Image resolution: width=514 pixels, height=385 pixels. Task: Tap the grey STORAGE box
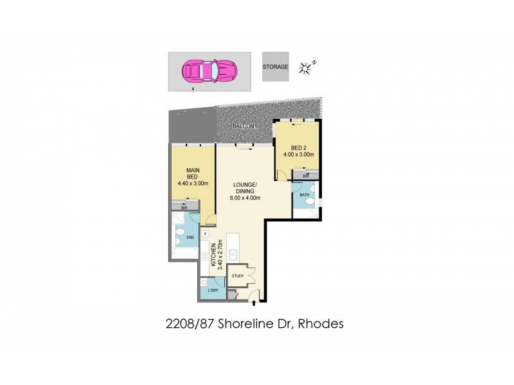(x=275, y=67)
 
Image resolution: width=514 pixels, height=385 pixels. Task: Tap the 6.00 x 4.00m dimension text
(x=247, y=197)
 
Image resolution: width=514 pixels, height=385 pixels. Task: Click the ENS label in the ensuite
(x=190, y=238)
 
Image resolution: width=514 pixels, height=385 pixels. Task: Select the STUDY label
(x=237, y=277)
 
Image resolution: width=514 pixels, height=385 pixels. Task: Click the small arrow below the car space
(x=194, y=92)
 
